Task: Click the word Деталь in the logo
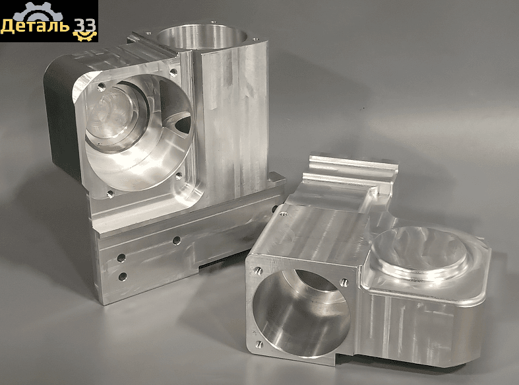34,26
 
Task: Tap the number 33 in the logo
84,25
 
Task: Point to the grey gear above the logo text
38,13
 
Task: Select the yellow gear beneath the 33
84,36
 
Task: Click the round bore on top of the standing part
202,38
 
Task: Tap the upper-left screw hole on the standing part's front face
102,87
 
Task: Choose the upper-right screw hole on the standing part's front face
173,71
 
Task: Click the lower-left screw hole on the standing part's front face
111,193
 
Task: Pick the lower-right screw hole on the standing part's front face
179,176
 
